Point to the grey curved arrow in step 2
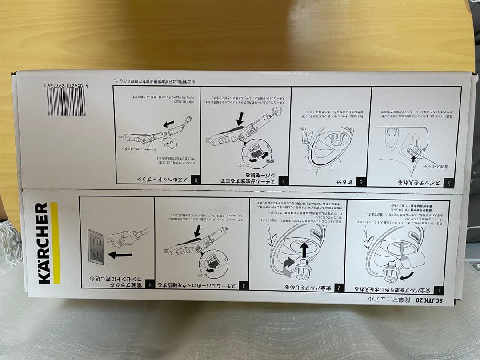tap(287, 262)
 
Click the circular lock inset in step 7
tap(256, 156)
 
